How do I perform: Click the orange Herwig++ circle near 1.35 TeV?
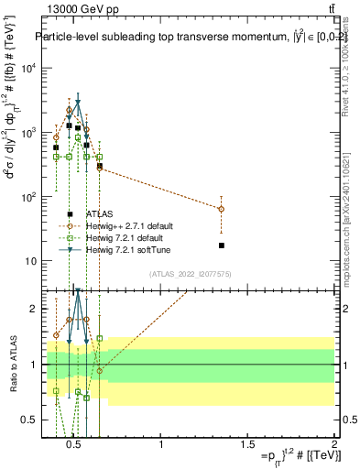(222, 209)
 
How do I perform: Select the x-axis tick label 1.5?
(248, 445)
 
